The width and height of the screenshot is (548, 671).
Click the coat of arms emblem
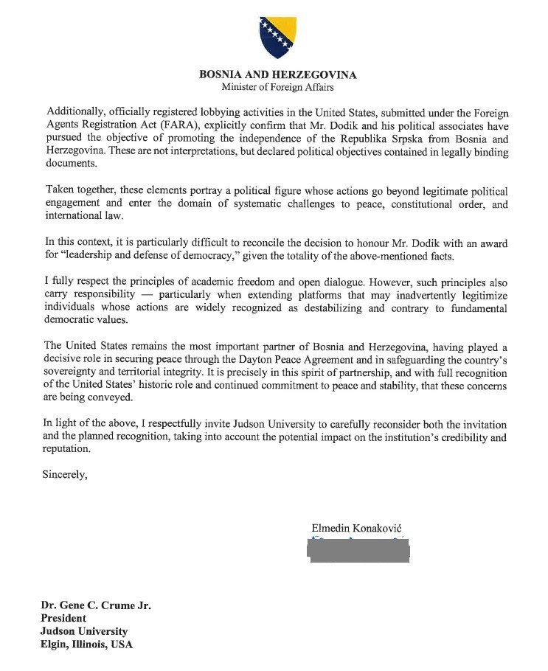(277, 37)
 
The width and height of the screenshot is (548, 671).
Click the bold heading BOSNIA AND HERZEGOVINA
(277, 74)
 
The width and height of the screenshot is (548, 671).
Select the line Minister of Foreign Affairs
(277, 87)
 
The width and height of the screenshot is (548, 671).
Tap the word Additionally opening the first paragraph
(73, 111)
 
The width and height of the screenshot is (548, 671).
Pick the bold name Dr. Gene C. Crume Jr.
(97, 605)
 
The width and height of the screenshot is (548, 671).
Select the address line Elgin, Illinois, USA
(87, 644)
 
